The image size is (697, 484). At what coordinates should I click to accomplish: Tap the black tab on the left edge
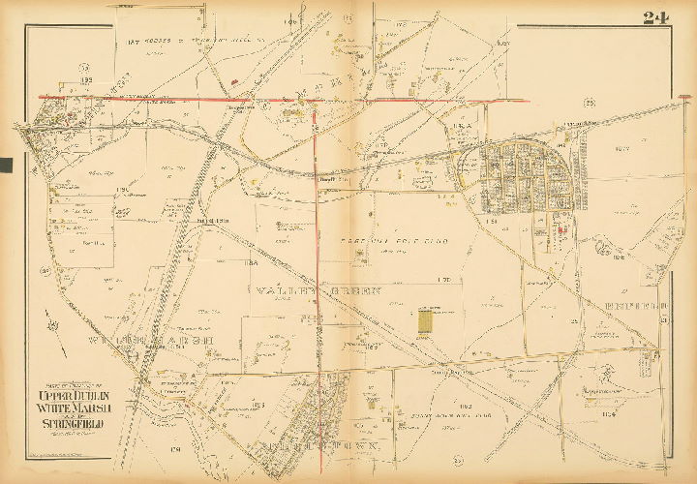[x=5, y=165]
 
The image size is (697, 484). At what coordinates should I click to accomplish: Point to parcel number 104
[x=607, y=416]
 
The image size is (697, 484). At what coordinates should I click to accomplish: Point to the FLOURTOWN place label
[x=319, y=444]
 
